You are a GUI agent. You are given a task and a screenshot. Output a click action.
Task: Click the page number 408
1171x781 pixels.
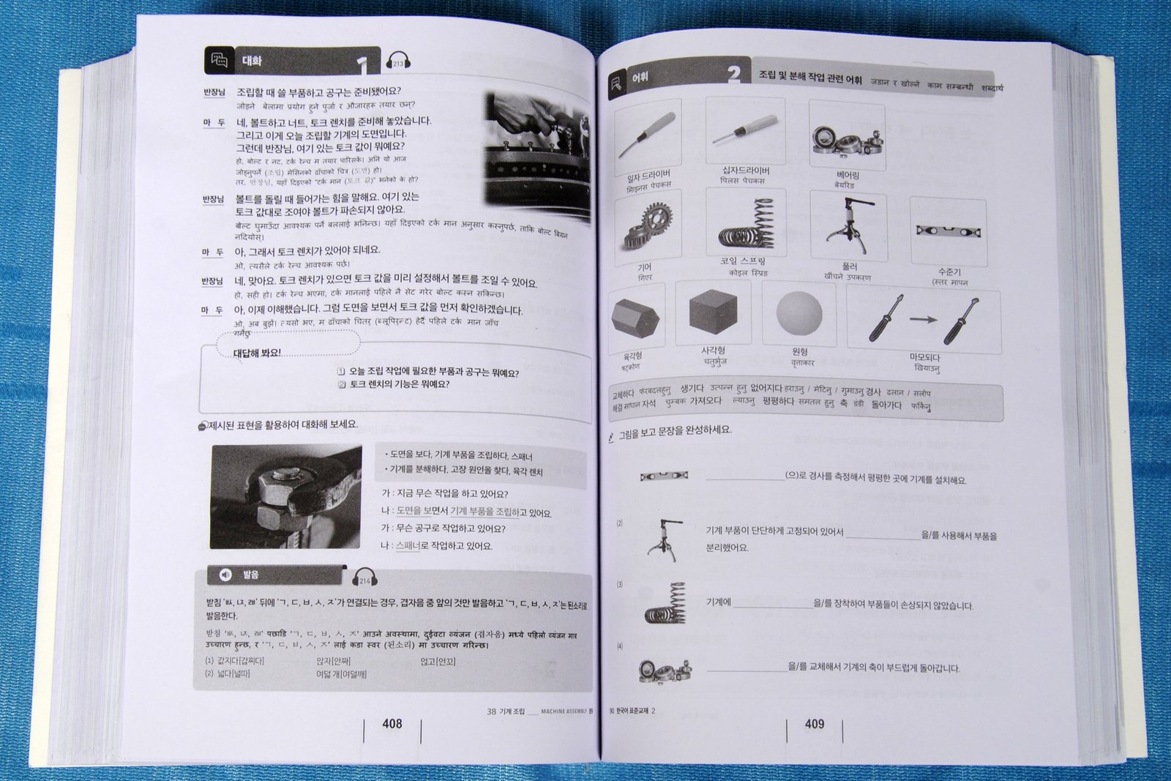point(392,723)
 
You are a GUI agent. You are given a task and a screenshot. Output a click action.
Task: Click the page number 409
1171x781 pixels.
point(815,724)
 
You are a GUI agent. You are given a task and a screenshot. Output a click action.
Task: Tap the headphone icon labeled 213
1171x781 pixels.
point(398,61)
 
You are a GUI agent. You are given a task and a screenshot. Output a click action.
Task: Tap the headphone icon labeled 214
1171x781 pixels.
point(364,578)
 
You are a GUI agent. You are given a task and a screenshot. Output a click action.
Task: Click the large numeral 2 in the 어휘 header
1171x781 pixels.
point(734,74)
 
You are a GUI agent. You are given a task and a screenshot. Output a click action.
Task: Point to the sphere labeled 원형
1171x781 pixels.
point(799,315)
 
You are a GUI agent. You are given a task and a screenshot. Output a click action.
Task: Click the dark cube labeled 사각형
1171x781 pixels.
point(712,311)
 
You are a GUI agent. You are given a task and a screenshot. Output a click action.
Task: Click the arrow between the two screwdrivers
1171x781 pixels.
point(924,319)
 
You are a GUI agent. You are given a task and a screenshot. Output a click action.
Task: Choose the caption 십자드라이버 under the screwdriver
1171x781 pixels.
point(746,171)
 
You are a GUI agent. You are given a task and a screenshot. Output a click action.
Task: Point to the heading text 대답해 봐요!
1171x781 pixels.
point(256,354)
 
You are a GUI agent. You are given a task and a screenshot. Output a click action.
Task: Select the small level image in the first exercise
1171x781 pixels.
point(663,476)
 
